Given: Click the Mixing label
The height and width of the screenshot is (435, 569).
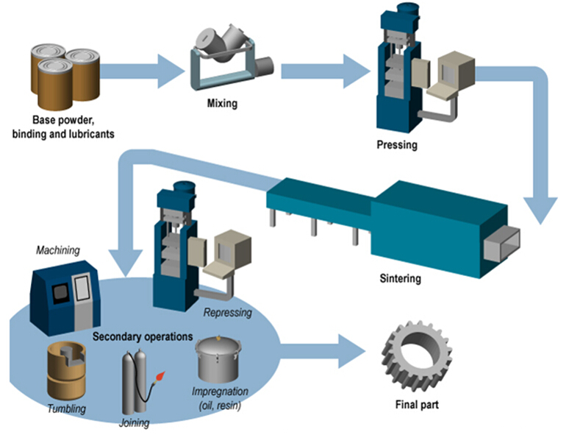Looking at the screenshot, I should click(222, 104).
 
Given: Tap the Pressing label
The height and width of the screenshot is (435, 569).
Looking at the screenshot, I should click(396, 145).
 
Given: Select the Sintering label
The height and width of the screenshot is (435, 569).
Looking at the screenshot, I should click(401, 279).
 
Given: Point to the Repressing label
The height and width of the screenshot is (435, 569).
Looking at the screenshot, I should click(226, 312).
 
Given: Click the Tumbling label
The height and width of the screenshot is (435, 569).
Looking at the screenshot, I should click(66, 409).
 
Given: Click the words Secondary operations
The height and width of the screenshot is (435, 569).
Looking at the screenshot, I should click(143, 336).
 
